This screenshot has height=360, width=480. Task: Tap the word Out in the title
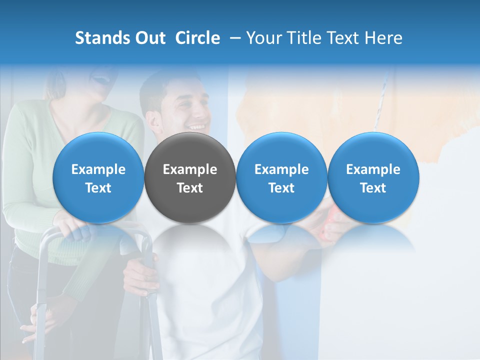pyautogui.click(x=148, y=38)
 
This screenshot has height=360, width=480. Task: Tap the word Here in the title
pyautogui.click(x=384, y=38)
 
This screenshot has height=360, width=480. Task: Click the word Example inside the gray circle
pyautogui.click(x=190, y=169)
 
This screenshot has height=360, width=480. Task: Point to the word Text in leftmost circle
pyautogui.click(x=98, y=188)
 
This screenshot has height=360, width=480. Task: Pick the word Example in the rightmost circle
pyautogui.click(x=373, y=169)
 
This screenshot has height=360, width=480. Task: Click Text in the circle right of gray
pyautogui.click(x=281, y=188)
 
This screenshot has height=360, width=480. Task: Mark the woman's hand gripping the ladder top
pyautogui.click(x=73, y=227)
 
